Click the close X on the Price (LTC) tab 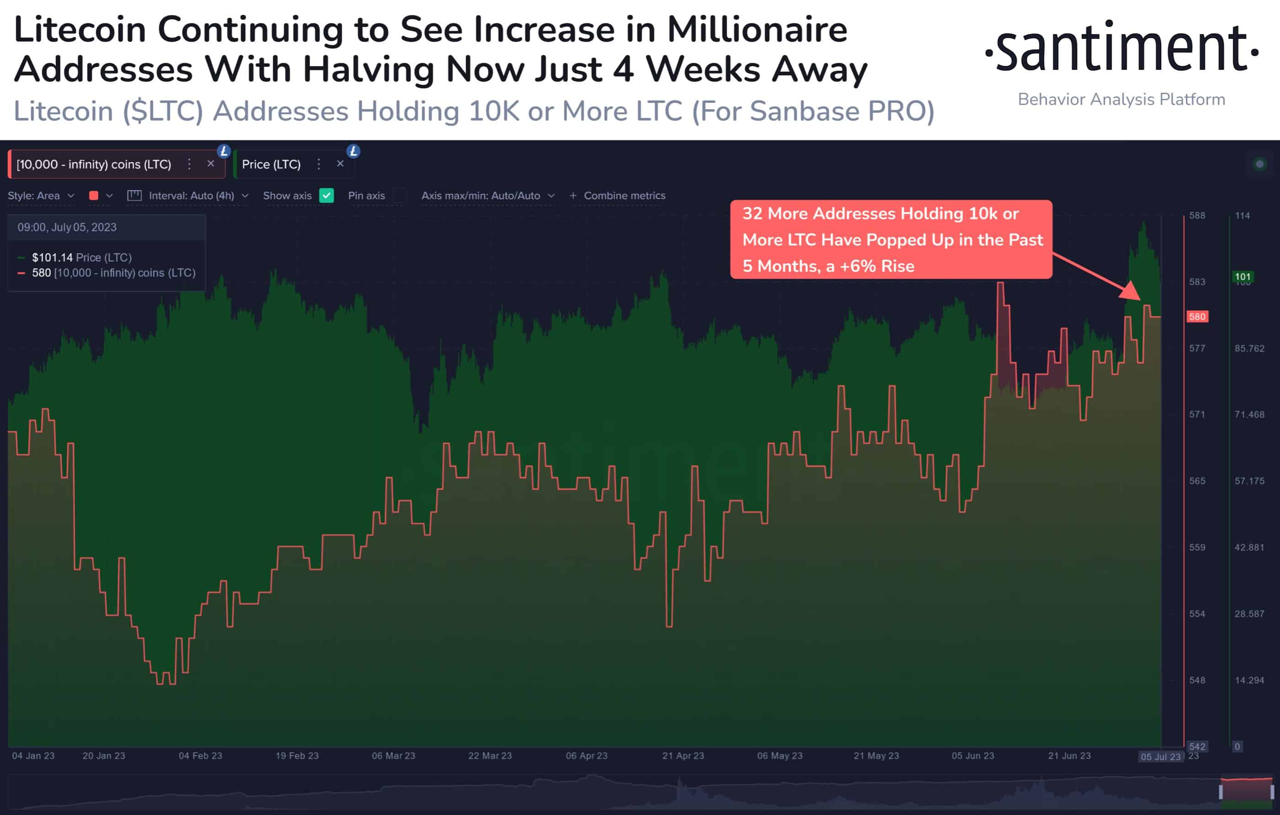(x=340, y=164)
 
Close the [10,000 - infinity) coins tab (x=210, y=164)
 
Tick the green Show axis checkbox (x=327, y=196)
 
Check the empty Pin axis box (x=400, y=196)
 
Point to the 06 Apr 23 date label (x=586, y=756)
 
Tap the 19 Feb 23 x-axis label (x=297, y=756)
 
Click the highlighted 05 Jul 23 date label (x=1160, y=756)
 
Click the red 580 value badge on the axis (x=1197, y=317)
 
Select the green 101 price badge (x=1243, y=277)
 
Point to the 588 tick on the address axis (x=1197, y=216)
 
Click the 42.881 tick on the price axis (x=1249, y=547)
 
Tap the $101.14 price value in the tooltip (x=52, y=258)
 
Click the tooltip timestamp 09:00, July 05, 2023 (x=67, y=227)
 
